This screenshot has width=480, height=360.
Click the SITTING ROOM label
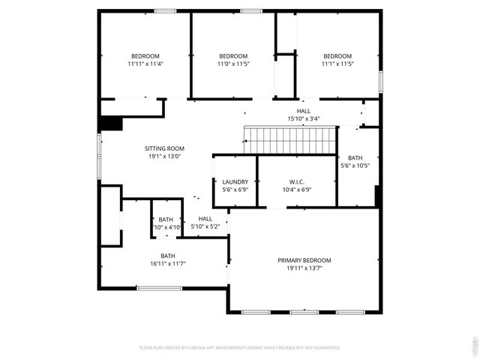[164, 148]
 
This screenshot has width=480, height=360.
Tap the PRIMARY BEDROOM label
[304, 260]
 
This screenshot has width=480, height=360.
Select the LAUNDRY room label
[235, 181]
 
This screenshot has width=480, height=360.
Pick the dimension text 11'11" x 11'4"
[145, 64]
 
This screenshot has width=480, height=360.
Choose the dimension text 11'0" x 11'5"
[233, 64]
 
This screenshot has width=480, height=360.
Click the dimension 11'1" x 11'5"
[337, 64]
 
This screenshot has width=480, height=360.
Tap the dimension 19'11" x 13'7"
[304, 268]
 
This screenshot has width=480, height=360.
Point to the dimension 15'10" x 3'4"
[304, 118]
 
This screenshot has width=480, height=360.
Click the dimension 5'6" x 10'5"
[355, 166]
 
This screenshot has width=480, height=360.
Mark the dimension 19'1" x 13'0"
[164, 157]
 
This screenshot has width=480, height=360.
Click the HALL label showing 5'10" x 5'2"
[205, 218]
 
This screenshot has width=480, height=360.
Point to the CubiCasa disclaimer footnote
[240, 348]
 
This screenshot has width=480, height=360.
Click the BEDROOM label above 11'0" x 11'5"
[233, 56]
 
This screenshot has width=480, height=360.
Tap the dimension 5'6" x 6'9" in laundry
[235, 190]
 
